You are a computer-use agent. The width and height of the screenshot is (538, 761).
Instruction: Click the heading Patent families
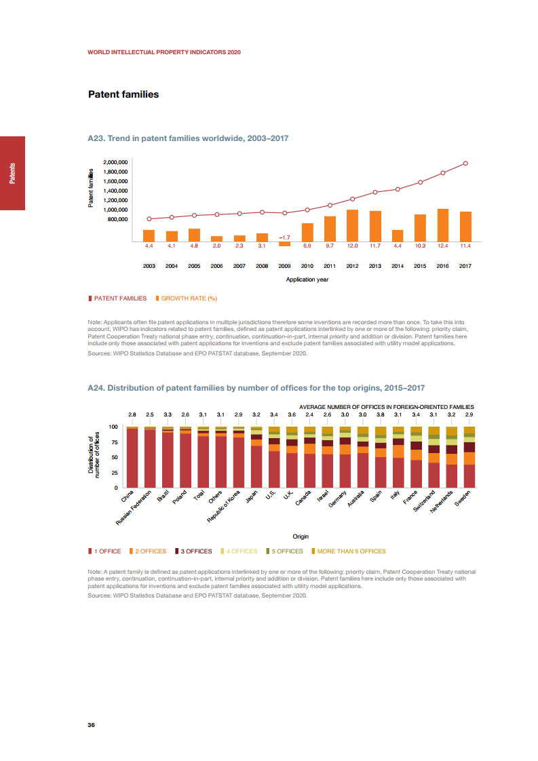coord(123,94)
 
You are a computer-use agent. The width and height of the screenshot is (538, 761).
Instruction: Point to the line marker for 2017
coord(465,163)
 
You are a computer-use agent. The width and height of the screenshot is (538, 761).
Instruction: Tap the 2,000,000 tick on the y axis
coord(115,163)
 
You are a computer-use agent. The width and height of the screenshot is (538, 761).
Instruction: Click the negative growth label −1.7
coord(284,237)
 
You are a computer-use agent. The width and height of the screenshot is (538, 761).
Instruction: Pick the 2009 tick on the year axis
coord(284,266)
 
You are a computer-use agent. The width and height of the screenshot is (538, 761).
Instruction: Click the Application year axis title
coord(307,279)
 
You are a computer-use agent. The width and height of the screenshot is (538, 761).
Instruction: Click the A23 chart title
coord(188,138)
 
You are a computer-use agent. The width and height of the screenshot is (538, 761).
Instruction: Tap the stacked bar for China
coord(132,457)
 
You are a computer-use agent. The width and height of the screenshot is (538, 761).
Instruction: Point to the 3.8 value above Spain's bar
coord(381,414)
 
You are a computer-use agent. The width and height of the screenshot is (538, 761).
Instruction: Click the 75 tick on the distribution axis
coord(114,442)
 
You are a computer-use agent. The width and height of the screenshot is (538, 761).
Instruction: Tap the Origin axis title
coord(301,536)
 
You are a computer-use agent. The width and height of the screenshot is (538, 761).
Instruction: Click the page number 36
coord(92,725)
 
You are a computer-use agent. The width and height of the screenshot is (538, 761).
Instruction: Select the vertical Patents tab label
coord(12,174)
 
